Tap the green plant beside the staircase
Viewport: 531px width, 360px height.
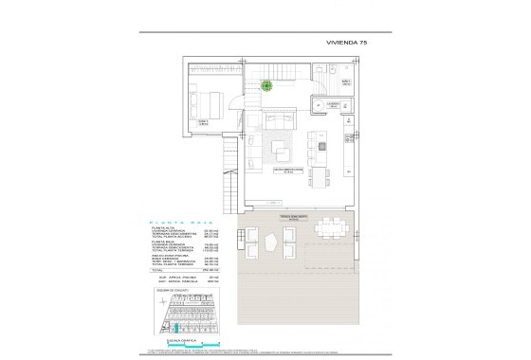pos(267,84)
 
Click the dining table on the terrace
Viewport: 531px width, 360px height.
pos(332,226)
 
